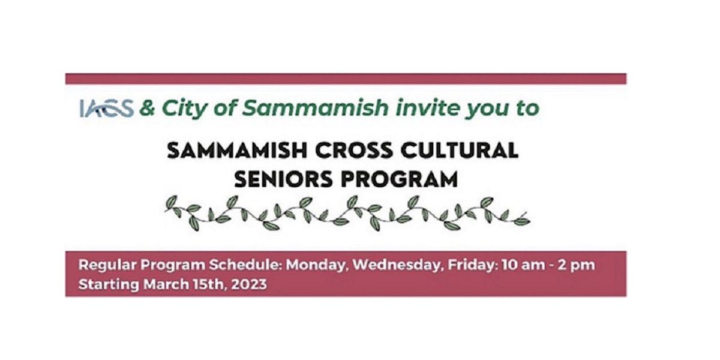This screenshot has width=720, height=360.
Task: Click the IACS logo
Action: pos(106,109)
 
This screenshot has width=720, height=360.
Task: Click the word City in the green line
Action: pos(182,109)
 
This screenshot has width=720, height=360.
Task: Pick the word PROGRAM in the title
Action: pos(406,179)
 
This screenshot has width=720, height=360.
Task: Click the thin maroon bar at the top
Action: pos(346,79)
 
